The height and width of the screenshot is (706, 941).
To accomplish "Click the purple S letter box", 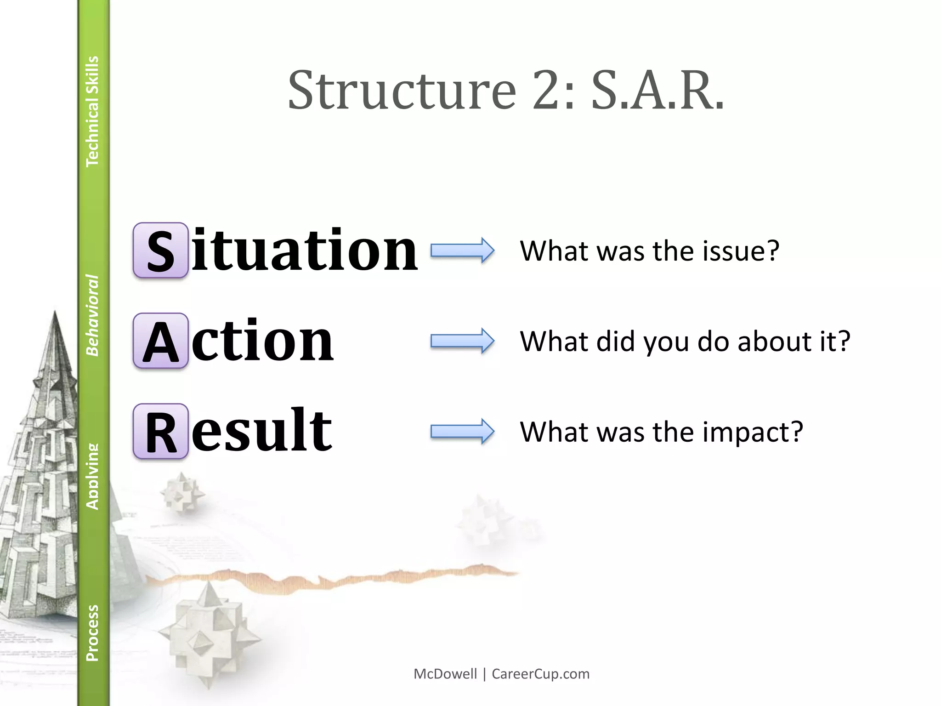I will [160, 251].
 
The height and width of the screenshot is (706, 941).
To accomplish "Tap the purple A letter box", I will [160, 341].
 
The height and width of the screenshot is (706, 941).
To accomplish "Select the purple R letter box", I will [160, 432].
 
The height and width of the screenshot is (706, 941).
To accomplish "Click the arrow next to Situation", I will [462, 251].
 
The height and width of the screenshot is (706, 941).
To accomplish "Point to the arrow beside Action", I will [462, 341].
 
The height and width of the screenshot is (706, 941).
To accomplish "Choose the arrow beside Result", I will [462, 432].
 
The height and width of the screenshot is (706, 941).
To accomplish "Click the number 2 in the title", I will [549, 91].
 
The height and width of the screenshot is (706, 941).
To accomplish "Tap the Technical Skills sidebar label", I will [92, 111].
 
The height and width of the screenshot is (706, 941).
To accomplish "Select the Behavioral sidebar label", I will [92, 315].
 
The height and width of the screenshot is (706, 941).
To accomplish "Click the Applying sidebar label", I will [92, 477].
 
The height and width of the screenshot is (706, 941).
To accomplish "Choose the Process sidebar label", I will [92, 633].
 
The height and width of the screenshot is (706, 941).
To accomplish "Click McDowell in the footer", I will [445, 674].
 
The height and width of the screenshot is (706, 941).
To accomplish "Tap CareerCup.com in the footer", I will [540, 674].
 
